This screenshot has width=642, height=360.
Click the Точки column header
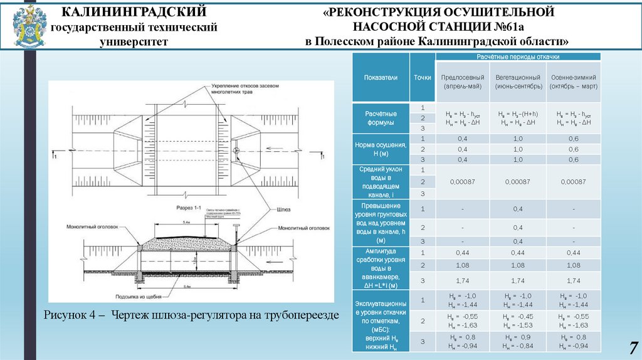(423, 78)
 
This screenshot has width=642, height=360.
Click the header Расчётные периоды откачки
(518, 56)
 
